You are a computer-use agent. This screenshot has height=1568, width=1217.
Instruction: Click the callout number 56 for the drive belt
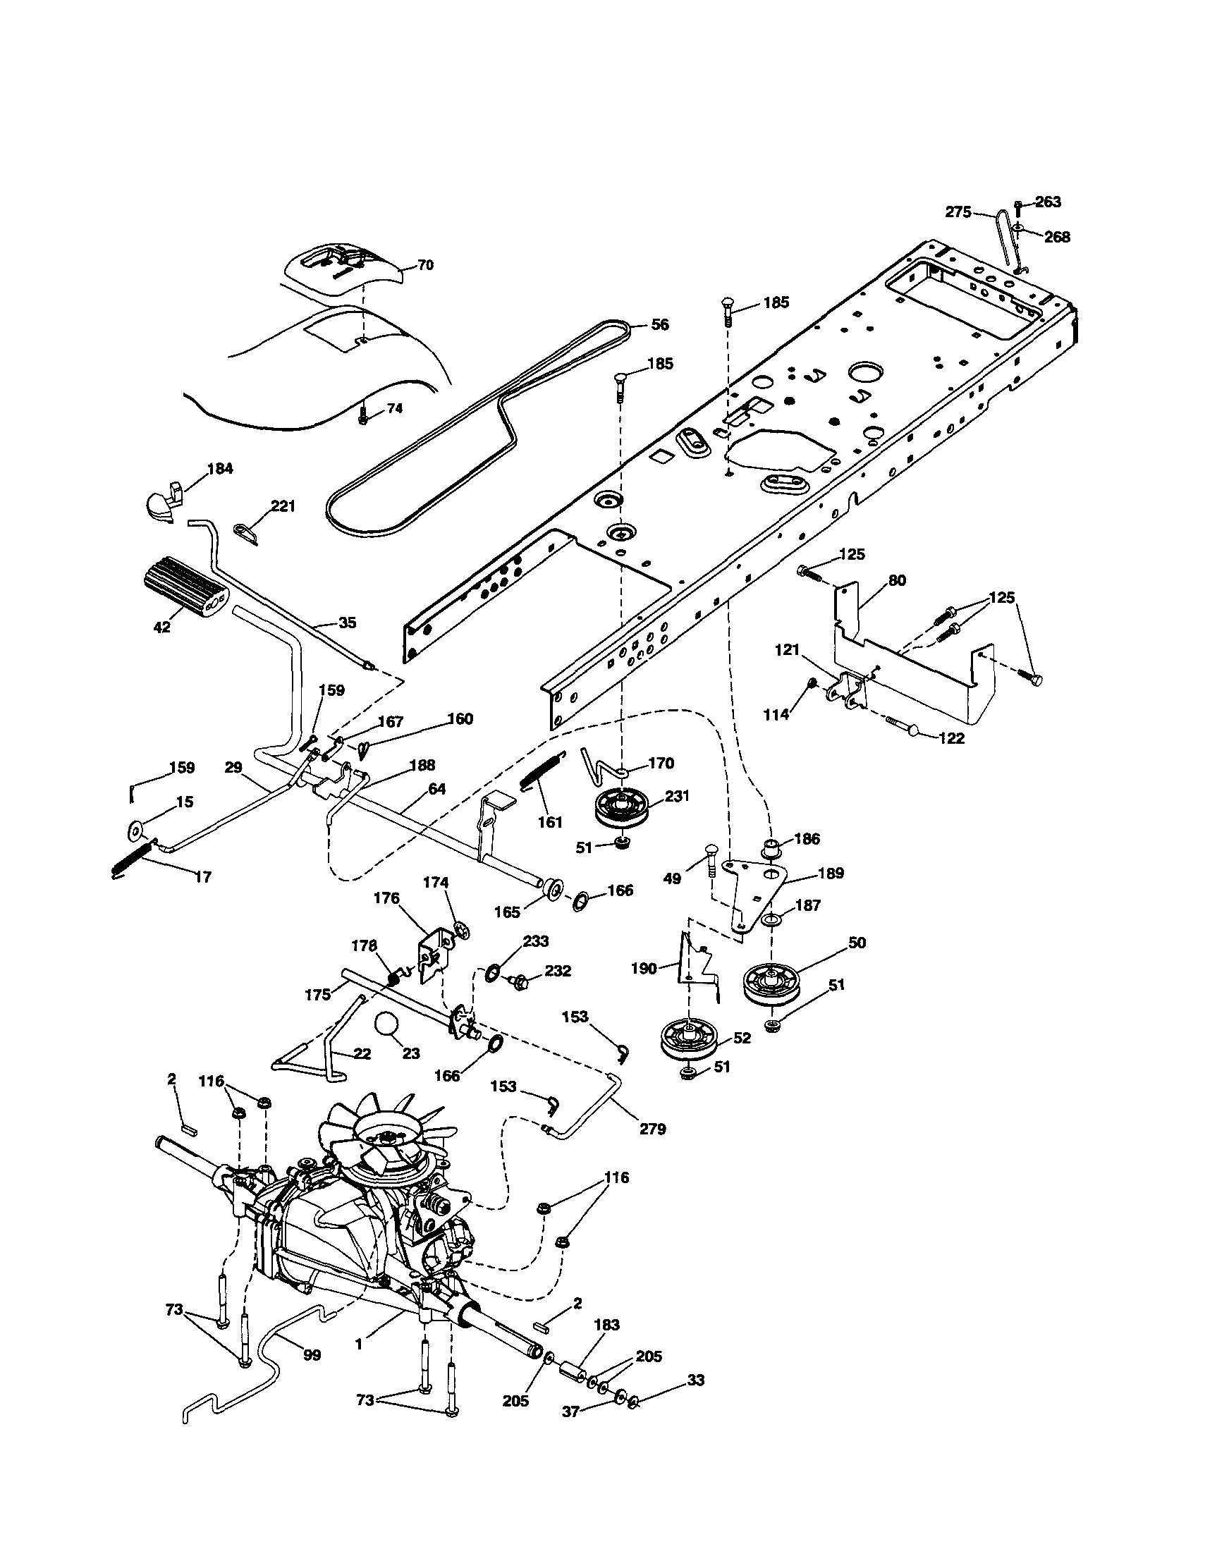(x=659, y=325)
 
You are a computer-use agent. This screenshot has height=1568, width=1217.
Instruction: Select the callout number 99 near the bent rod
(x=312, y=1355)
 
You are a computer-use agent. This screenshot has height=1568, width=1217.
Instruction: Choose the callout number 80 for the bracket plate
(x=897, y=580)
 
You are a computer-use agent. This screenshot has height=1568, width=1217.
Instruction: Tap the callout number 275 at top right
(x=958, y=212)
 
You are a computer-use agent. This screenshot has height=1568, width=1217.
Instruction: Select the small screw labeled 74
(x=362, y=415)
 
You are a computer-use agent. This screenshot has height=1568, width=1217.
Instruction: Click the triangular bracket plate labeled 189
(x=754, y=888)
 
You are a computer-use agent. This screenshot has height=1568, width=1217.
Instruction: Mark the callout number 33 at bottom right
(x=695, y=1380)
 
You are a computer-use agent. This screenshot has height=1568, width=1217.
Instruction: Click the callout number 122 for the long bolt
(x=951, y=738)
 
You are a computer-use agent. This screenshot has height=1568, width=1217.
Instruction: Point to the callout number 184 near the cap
(x=220, y=469)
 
